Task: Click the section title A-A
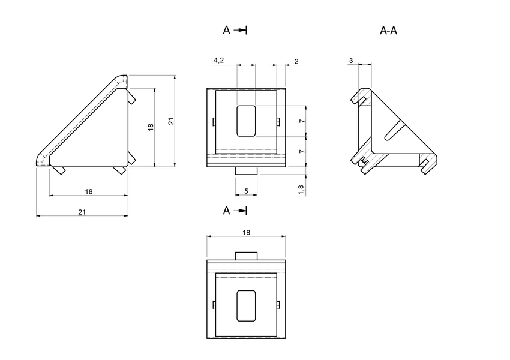pos(389,31)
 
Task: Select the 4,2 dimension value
pos(219,61)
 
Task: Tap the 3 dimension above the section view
pos(350,61)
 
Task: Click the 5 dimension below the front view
pos(246,191)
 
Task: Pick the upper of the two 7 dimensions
pos(302,121)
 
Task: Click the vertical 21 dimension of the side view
pos(171,121)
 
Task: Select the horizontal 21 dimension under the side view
pos(82,211)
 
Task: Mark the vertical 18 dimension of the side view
pos(151,127)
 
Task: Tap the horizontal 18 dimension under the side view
pos(89,191)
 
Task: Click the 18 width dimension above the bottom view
pos(246,232)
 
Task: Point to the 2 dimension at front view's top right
pos(296,61)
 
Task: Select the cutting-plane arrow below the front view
pos(240,211)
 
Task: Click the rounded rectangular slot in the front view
pos(246,121)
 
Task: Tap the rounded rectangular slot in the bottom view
pos(246,305)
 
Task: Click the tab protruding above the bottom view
pos(246,256)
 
